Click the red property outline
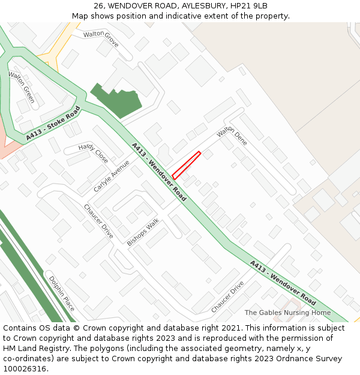tap(186, 165)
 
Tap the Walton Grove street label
tap(101, 38)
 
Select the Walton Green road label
tap(21, 87)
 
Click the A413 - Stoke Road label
tap(53, 124)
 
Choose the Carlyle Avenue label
tap(112, 176)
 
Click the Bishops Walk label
tap(143, 232)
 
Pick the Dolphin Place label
tap(62, 293)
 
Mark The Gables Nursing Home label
tap(287, 313)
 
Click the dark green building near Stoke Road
tap(116, 100)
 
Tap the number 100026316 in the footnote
tap(25, 369)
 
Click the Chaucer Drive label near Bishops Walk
tap(98, 221)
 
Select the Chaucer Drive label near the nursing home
tap(227, 296)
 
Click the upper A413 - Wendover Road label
tap(159, 172)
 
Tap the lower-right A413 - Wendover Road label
tap(283, 283)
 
